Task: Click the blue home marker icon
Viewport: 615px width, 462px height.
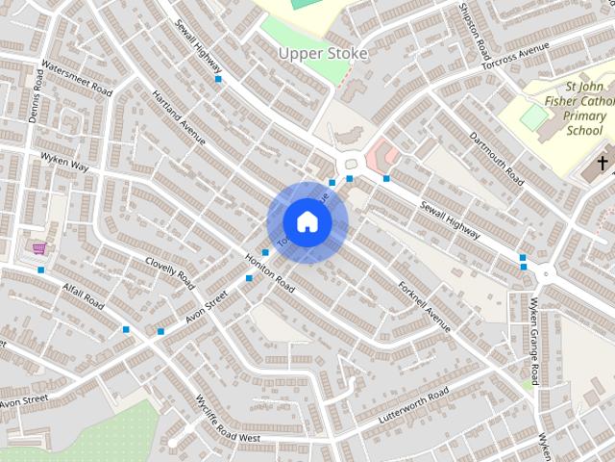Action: coord(307,222)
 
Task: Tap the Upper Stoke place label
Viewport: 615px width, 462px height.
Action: coord(323,54)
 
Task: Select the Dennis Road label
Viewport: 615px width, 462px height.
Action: coord(37,95)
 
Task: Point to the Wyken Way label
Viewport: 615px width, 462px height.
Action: coord(64,161)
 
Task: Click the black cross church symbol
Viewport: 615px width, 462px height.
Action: coord(603,163)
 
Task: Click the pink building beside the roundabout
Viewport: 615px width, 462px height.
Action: coord(383,152)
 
